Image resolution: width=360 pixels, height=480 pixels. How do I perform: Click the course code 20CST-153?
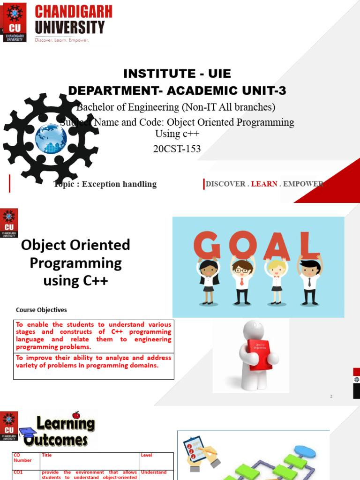pyautogui.click(x=177, y=149)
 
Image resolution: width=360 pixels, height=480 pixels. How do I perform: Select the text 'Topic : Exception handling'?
pyautogui.click(x=105, y=184)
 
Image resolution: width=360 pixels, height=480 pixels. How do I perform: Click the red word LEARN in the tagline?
pyautogui.click(x=264, y=184)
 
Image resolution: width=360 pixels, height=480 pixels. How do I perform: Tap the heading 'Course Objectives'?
pyautogui.click(x=41, y=310)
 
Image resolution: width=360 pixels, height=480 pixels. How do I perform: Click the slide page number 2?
pyautogui.click(x=331, y=397)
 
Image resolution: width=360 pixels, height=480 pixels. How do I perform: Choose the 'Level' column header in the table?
pyautogui.click(x=146, y=455)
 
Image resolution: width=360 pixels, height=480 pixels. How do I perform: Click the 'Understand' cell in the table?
pyautogui.click(x=154, y=472)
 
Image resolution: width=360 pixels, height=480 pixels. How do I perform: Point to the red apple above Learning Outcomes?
pyautogui.click(x=76, y=415)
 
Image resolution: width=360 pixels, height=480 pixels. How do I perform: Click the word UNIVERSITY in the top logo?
pyautogui.click(x=70, y=28)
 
